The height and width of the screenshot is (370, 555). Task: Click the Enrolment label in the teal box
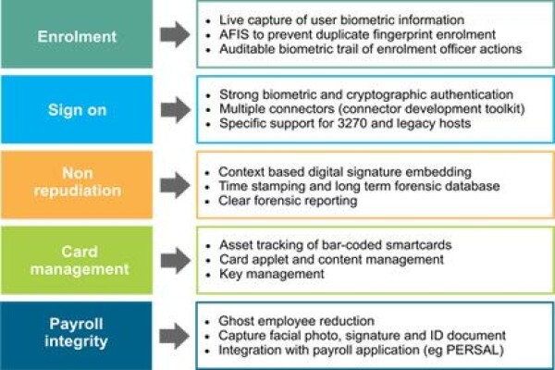pyautogui.click(x=77, y=36)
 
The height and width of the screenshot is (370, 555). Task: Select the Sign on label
pyautogui.click(x=77, y=110)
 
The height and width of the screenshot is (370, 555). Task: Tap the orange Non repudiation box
pyautogui.click(x=77, y=184)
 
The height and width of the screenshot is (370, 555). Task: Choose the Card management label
pyautogui.click(x=80, y=260)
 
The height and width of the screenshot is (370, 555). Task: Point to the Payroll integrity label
pyautogui.click(x=77, y=332)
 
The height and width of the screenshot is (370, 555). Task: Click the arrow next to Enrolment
pyautogui.click(x=175, y=34)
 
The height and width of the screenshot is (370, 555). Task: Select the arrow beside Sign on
pyautogui.click(x=176, y=110)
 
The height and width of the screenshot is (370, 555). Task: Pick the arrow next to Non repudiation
pyautogui.click(x=175, y=185)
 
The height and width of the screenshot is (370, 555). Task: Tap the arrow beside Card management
pyautogui.click(x=176, y=261)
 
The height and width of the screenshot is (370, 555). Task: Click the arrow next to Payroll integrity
pyautogui.click(x=175, y=336)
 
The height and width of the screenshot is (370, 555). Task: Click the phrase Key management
pyautogui.click(x=271, y=274)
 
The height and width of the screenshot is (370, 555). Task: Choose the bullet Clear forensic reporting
pyautogui.click(x=288, y=201)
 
